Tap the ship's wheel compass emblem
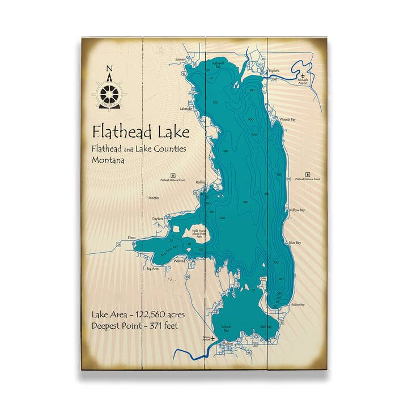coord(109,93)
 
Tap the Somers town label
coord(181,59)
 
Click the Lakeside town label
coord(186,108)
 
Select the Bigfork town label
coord(274,71)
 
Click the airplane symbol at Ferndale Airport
coord(303,75)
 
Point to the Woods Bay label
coord(288,120)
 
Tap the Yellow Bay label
coord(296,210)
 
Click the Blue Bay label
coord(295,243)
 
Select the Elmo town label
coord(133,237)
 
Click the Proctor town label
coord(154,198)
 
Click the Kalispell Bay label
coord(219,63)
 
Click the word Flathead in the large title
coord(120,132)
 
